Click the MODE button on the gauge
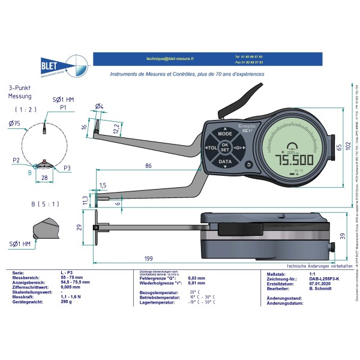[x=225, y=134]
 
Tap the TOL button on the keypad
[x=211, y=148]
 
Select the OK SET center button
[x=225, y=148]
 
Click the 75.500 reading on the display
[x=294, y=161]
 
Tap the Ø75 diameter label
[x=14, y=124]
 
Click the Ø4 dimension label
[x=100, y=107]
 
